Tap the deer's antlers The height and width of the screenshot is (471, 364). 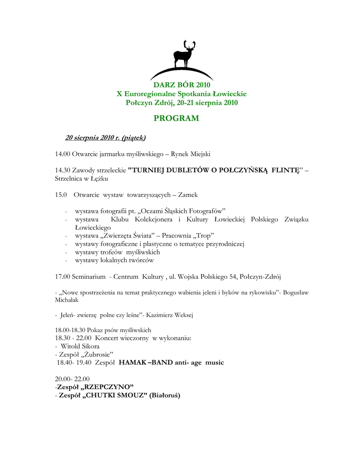tap(188, 45)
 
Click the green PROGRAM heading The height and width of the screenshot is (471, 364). tap(176, 118)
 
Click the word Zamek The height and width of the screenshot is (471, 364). tap(188, 195)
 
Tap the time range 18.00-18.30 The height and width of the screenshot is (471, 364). tap(69, 330)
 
